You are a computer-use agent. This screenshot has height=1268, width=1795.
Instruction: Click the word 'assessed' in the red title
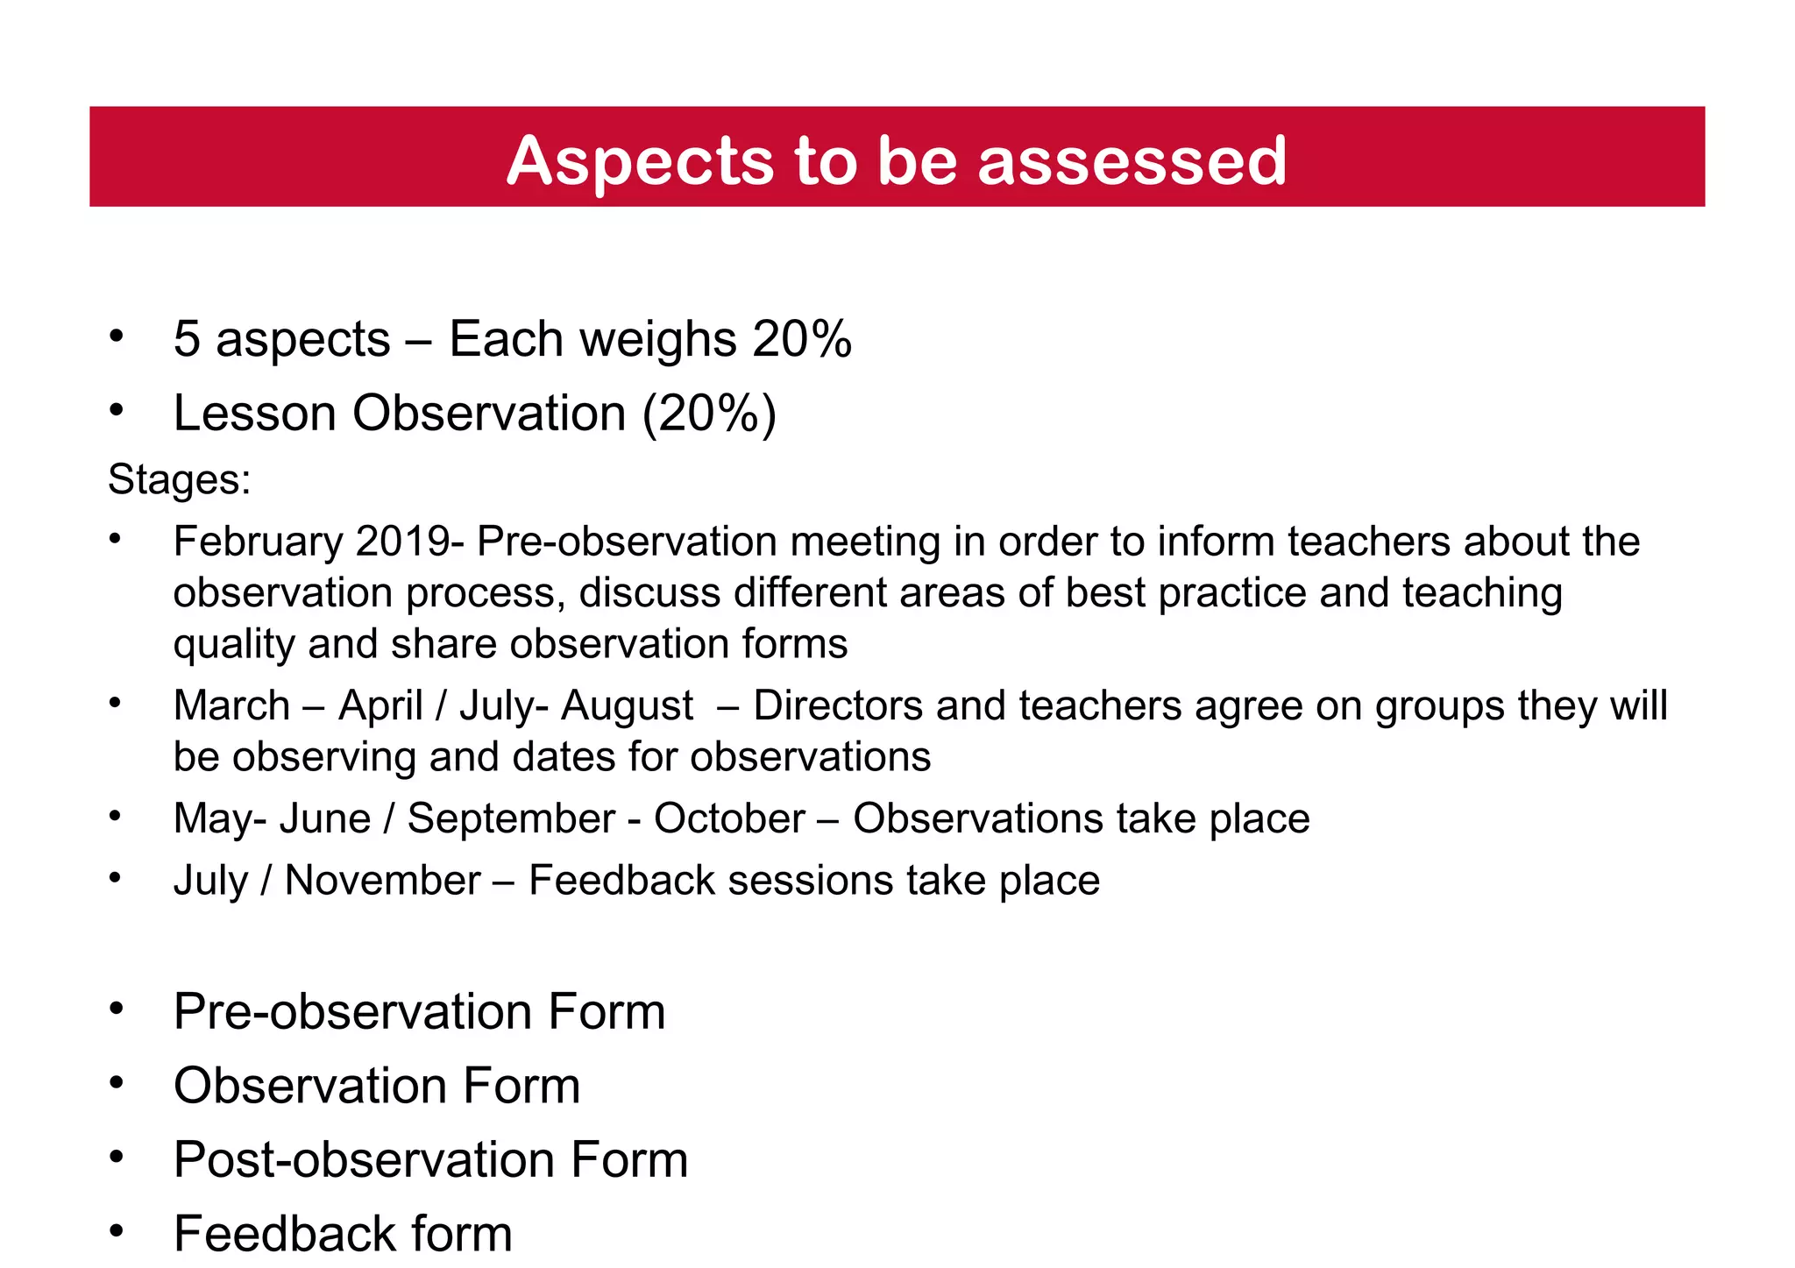(1132, 161)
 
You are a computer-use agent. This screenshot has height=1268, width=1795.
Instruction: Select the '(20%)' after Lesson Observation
(709, 414)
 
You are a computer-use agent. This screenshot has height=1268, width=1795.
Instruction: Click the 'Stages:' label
(180, 479)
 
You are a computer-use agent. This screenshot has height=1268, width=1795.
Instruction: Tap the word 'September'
(511, 818)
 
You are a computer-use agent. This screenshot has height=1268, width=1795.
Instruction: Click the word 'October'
(729, 818)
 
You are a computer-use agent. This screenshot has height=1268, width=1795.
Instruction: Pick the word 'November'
(383, 880)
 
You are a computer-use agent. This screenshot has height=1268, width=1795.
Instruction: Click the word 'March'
(232, 705)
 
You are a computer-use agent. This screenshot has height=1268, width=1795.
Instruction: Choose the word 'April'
(380, 705)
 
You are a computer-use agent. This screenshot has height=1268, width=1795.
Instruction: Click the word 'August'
(627, 705)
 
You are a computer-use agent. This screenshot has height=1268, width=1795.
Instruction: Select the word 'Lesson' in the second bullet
(255, 414)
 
